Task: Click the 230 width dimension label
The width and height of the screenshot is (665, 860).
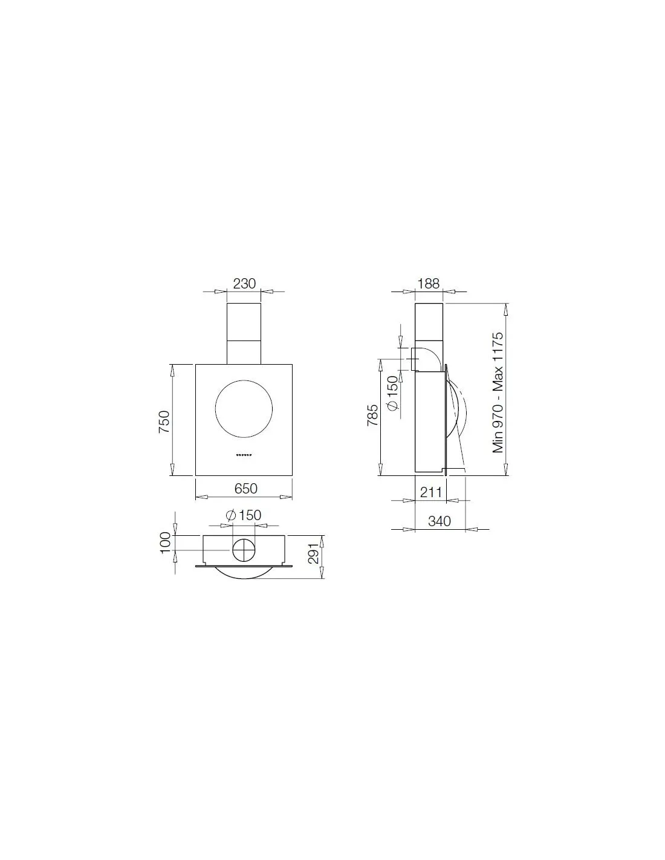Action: (x=244, y=284)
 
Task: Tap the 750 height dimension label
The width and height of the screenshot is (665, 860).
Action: (x=164, y=422)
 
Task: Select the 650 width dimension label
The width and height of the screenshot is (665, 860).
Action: (x=245, y=489)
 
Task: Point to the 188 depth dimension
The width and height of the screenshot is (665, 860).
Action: (x=429, y=284)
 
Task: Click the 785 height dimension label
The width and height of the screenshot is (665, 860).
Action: (x=372, y=414)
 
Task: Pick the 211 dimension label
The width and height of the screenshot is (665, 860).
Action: (x=431, y=492)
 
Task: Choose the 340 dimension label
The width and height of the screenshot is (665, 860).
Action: (x=440, y=521)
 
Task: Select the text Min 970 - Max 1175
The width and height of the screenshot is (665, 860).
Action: (x=498, y=393)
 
